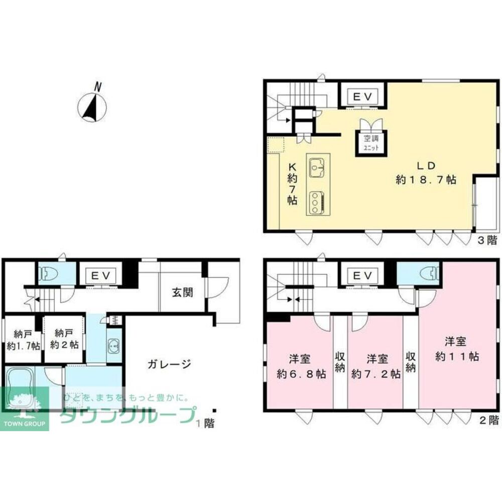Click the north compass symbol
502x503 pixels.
[x=92, y=107]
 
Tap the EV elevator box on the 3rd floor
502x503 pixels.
[x=362, y=96]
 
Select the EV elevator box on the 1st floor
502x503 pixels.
[x=101, y=275]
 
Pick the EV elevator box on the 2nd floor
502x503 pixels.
[x=362, y=275]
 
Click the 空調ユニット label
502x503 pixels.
[x=371, y=143]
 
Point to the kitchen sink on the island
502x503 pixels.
[x=317, y=167]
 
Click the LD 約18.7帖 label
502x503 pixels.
[x=426, y=173]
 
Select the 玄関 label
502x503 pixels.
[x=182, y=292]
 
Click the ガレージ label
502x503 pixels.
[x=169, y=364]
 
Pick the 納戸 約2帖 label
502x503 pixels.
[x=64, y=339]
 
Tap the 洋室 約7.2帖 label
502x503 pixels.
[x=376, y=366]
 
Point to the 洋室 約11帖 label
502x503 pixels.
[x=456, y=349]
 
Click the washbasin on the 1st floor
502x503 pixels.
[x=113, y=346]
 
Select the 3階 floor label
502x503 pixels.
[x=487, y=240]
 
